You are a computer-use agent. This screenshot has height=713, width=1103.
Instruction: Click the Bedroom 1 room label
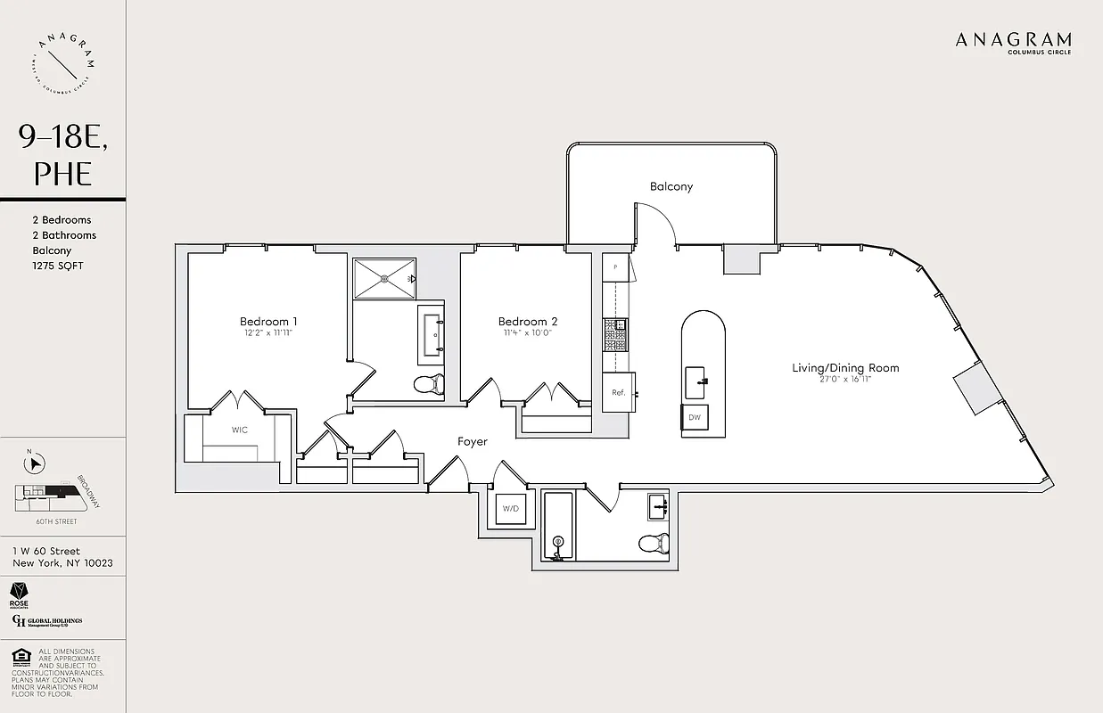(x=268, y=321)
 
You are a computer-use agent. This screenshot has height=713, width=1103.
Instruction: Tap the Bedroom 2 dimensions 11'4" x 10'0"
(x=528, y=333)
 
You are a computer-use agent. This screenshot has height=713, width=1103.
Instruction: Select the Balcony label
(x=671, y=186)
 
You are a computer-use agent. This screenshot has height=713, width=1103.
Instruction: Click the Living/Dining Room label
(x=845, y=367)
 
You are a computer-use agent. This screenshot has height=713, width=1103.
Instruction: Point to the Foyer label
(x=472, y=441)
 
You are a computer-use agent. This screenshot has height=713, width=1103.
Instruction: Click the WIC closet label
(x=240, y=430)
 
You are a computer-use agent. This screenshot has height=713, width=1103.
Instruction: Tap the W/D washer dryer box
(x=511, y=509)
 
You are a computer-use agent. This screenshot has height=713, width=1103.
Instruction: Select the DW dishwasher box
(x=694, y=417)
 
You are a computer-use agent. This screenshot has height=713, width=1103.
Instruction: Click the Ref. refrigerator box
(x=617, y=393)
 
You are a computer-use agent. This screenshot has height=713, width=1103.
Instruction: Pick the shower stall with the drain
(x=384, y=278)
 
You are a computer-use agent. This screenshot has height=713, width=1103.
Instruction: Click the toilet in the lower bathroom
(x=653, y=542)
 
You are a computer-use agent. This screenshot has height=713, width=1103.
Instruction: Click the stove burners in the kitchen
(x=615, y=334)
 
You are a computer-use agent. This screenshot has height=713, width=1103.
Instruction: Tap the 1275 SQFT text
(x=57, y=266)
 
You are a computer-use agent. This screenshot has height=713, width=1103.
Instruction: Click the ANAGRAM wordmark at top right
(x=1013, y=39)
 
